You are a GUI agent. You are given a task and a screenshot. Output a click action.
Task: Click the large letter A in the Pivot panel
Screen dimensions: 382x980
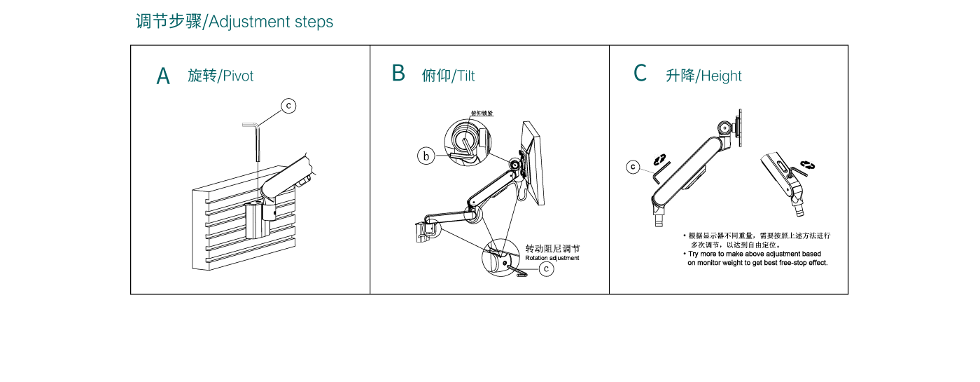tap(163, 76)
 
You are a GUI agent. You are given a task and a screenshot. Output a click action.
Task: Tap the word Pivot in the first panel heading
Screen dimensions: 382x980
tap(238, 76)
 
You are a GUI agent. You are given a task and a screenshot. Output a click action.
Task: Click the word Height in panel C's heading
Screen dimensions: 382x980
tap(721, 76)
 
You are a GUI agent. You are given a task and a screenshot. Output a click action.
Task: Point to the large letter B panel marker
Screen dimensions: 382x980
tap(398, 73)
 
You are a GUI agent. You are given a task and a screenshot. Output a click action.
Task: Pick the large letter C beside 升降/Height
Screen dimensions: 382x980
tap(640, 73)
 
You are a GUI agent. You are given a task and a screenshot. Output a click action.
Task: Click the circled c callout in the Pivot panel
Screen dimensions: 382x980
tap(288, 106)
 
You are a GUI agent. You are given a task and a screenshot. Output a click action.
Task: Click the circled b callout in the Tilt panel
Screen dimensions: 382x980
tap(426, 156)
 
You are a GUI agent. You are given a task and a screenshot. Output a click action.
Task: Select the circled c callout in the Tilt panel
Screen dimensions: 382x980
tap(547, 268)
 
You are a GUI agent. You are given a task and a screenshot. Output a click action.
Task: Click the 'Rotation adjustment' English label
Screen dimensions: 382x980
tap(552, 258)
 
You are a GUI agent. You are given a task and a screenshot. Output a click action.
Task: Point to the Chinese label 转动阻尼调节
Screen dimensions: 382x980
tap(552, 248)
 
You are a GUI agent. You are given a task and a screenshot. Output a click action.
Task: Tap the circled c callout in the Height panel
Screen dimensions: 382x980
tap(633, 167)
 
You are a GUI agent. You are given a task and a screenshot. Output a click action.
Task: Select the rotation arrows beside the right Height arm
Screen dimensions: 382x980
tap(808, 165)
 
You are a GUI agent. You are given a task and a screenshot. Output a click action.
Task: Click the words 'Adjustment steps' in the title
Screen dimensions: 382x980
tap(271, 22)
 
